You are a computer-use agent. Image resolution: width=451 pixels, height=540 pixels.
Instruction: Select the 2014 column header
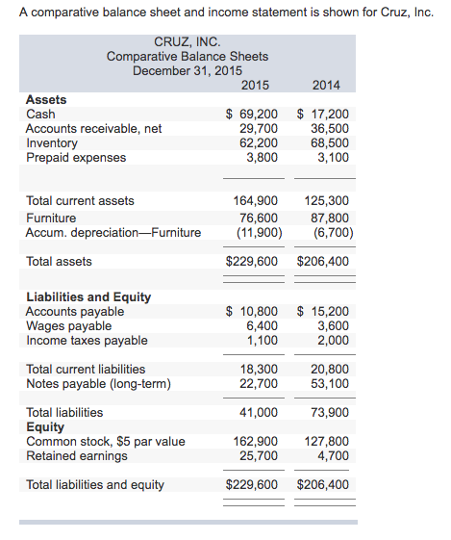327,85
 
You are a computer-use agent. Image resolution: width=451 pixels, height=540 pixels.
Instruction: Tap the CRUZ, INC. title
188,42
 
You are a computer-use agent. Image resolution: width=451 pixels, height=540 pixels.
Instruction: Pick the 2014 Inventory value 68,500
330,142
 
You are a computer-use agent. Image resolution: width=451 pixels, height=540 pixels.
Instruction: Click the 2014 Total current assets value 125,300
327,201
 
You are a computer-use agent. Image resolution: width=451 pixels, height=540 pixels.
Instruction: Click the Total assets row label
59,261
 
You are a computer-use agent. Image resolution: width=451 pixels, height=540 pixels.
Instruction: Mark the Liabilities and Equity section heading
88,296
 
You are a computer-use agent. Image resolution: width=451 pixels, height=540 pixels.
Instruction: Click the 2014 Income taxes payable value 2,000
333,340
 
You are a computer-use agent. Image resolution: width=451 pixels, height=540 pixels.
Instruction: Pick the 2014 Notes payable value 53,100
330,384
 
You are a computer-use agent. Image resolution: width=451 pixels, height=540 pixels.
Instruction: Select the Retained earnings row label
76,455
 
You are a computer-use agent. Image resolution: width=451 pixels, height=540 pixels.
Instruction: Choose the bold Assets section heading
46,99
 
